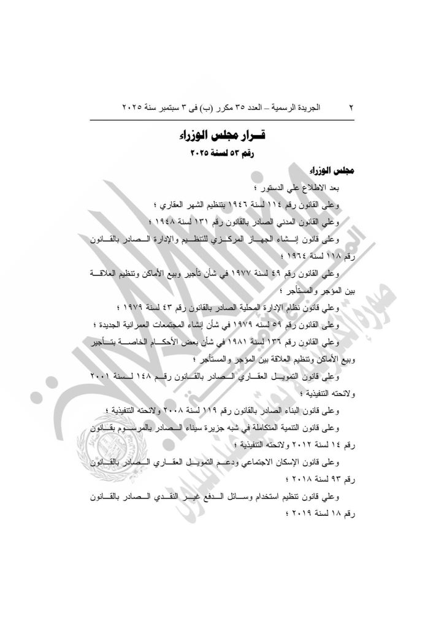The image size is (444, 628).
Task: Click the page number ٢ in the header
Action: [x=352, y=108]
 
